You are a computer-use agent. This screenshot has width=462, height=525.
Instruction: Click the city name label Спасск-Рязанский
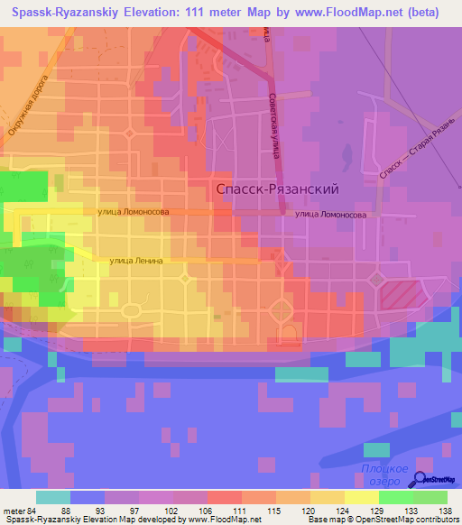[278, 189]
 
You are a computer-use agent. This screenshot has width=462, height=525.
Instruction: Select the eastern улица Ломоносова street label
[330, 215]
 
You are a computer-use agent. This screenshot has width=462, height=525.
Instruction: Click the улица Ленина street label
[135, 260]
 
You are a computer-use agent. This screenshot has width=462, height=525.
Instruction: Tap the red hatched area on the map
[401, 295]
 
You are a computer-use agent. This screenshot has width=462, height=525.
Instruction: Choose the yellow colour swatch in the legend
[360, 496]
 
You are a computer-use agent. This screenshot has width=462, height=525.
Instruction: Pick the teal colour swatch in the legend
[53, 496]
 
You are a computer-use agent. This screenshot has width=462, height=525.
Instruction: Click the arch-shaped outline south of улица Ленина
[291, 336]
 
